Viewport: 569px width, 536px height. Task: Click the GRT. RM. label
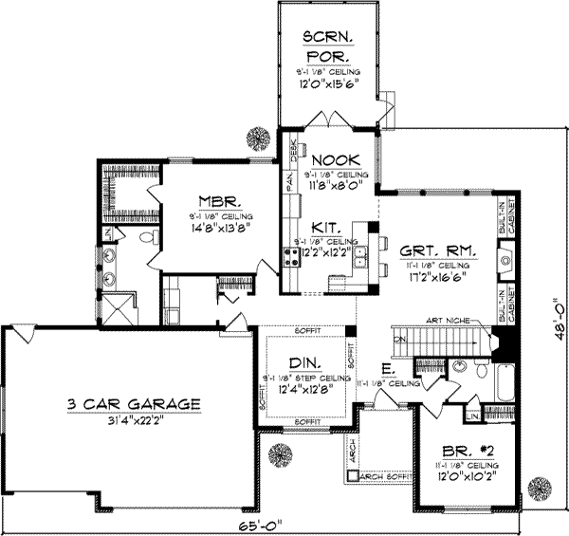pos(437,252)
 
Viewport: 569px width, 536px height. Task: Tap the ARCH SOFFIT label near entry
pos(384,475)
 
